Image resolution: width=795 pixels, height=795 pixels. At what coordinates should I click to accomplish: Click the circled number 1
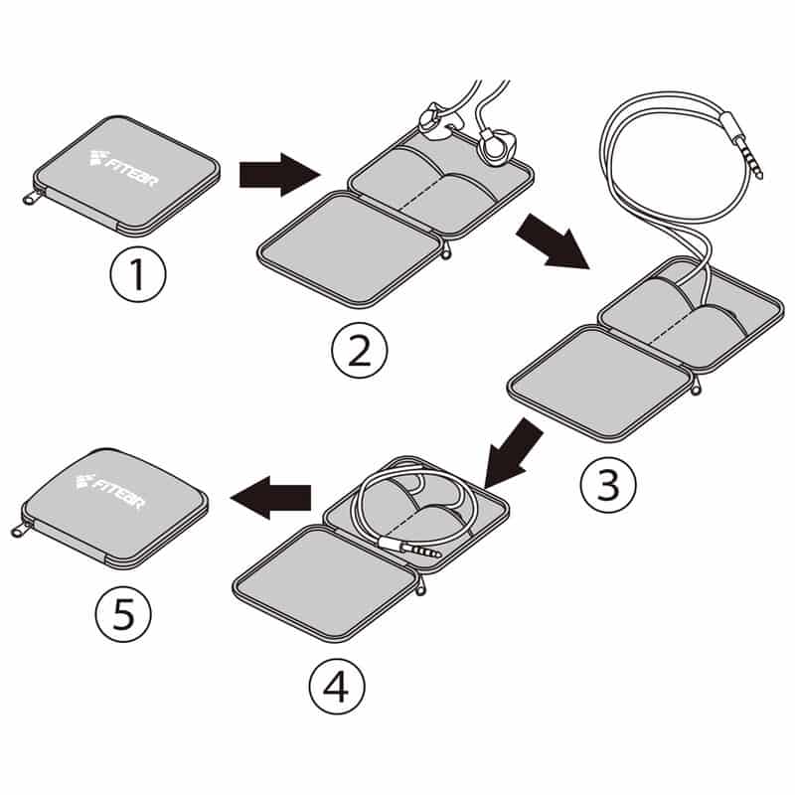pos(138,275)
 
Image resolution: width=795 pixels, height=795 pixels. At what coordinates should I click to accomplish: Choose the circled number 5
pos(123,617)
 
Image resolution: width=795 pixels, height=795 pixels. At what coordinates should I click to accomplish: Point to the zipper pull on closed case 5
pos(20,530)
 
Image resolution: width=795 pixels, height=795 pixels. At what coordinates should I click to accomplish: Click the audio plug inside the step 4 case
pos(411,548)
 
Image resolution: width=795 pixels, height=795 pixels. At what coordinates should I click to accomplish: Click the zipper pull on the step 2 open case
pos(445,251)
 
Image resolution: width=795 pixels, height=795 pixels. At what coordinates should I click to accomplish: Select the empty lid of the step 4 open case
pos(322,579)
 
